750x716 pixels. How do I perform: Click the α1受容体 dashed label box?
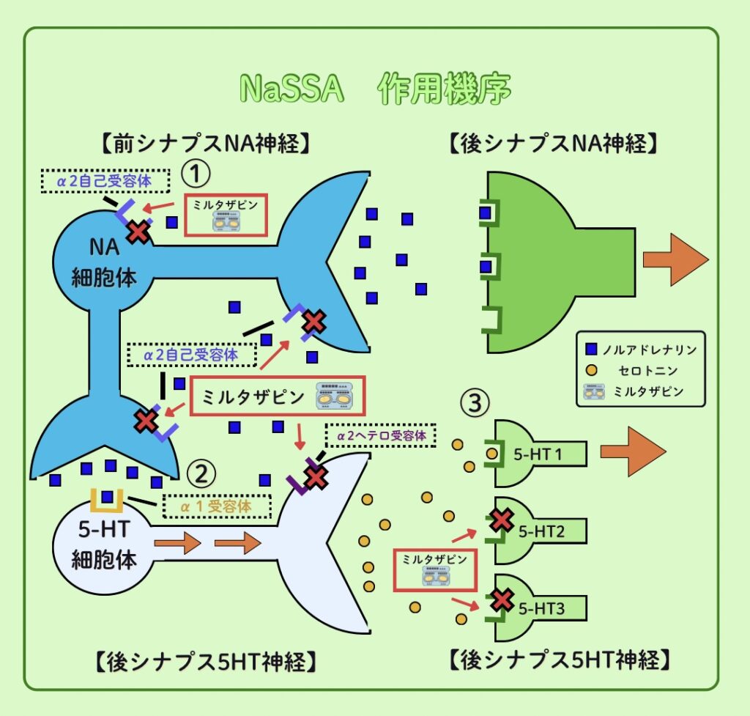click(216, 506)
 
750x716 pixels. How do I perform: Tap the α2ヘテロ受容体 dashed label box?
click(380, 436)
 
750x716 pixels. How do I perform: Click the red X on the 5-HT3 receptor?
click(502, 600)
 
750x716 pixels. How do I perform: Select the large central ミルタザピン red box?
click(277, 396)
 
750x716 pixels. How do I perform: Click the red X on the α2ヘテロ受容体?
click(316, 477)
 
